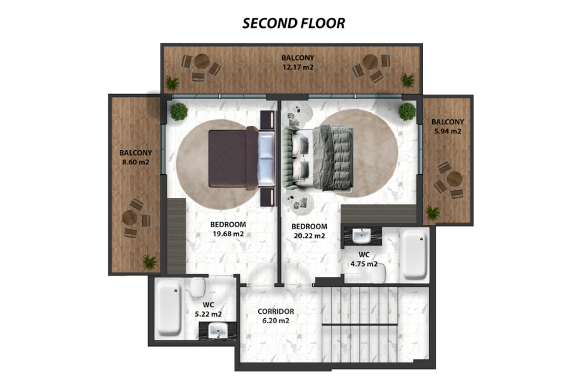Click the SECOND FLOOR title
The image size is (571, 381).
tap(294, 23)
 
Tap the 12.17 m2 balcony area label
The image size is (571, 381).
tap(298, 67)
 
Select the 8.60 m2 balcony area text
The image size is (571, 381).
tap(136, 163)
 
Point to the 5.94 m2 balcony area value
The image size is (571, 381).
tap(447, 131)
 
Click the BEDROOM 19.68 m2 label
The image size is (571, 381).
tap(228, 229)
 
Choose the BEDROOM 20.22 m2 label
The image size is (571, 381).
tap(309, 231)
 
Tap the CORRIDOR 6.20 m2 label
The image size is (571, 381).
tap(276, 316)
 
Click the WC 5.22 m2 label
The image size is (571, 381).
tap(208, 309)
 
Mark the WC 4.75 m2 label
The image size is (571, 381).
tap(364, 259)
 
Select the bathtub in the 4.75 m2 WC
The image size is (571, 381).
tap(415, 255)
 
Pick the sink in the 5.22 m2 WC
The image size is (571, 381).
tap(218, 331)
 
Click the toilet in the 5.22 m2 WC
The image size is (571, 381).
tap(198, 287)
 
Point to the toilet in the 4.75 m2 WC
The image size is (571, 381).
tap(379, 273)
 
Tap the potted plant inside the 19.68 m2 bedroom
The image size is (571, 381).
tap(179, 112)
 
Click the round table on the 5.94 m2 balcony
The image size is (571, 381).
tap(454, 179)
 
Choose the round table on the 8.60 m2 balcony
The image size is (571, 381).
tap(129, 218)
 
